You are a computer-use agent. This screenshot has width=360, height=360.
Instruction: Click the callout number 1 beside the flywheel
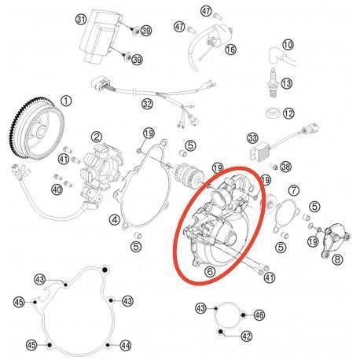pyautogui.click(x=66, y=101)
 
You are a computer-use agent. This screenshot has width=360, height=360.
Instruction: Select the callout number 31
pyautogui.click(x=81, y=20)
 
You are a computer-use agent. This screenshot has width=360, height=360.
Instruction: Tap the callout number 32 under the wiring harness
pyautogui.click(x=147, y=104)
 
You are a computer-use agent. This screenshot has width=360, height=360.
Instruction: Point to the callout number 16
pyautogui.click(x=230, y=50)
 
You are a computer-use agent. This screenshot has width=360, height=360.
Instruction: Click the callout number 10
pyautogui.click(x=288, y=45)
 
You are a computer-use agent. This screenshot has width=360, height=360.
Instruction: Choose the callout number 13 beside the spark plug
pyautogui.click(x=287, y=83)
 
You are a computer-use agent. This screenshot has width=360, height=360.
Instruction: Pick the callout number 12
pyautogui.click(x=288, y=113)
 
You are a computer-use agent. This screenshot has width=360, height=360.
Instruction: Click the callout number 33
pyautogui.click(x=253, y=138)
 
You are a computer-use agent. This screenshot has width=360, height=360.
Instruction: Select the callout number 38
pyautogui.click(x=285, y=167)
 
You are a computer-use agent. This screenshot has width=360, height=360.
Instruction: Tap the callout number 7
pyautogui.click(x=293, y=190)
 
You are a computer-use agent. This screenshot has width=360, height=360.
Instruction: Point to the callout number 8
pyautogui.click(x=337, y=259)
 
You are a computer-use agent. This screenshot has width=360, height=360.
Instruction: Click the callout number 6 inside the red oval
pyautogui.click(x=210, y=272)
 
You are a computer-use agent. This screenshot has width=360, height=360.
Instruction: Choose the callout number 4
pyautogui.click(x=115, y=219)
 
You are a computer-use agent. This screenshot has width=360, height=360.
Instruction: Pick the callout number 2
pyautogui.click(x=97, y=137)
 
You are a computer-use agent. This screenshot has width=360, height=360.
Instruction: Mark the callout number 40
pyautogui.click(x=57, y=189)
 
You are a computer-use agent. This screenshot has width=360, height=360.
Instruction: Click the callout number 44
pyautogui.click(x=125, y=346)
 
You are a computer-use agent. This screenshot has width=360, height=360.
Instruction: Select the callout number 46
pyautogui.click(x=259, y=315)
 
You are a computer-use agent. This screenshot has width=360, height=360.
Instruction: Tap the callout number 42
pyautogui.click(x=246, y=336)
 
